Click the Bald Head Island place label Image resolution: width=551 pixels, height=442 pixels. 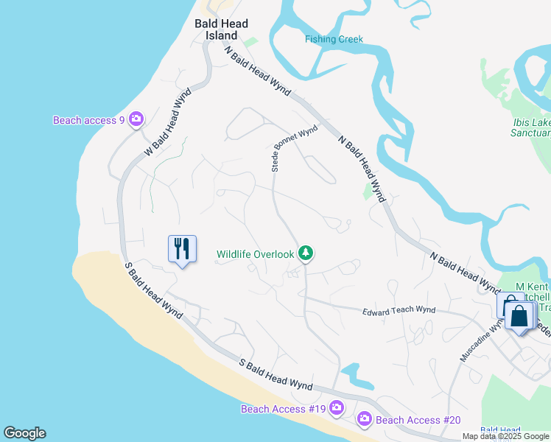click(x=221, y=29)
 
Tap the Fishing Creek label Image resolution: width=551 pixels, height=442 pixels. click(x=334, y=39)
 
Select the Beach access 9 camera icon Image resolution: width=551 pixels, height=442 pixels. click(x=136, y=119)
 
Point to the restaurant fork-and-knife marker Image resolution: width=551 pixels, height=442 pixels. click(x=182, y=248)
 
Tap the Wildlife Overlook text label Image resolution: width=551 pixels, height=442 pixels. click(x=255, y=255)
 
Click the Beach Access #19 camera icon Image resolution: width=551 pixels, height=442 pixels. click(x=337, y=407)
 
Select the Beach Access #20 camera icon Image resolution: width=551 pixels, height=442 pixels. click(x=364, y=419)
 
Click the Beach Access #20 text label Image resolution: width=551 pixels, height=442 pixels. click(x=418, y=420)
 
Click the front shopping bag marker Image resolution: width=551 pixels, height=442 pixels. click(x=520, y=317)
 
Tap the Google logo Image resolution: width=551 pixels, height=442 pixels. click(x=24, y=433)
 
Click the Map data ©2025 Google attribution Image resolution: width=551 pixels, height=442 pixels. click(x=505, y=437)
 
